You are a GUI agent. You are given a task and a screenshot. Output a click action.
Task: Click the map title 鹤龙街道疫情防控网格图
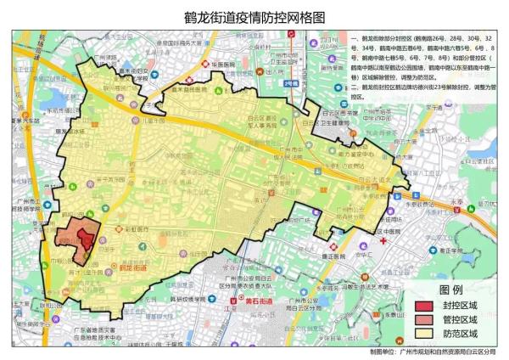click(254, 16)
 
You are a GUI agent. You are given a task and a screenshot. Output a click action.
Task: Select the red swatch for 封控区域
click(424, 307)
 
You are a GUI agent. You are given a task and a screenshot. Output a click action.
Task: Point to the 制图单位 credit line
click(433, 351)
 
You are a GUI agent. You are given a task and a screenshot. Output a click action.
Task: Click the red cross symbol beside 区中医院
click(383, 240)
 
